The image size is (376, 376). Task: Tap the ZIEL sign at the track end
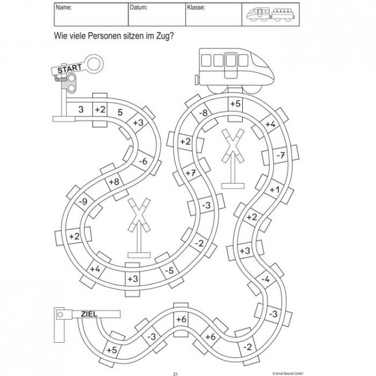tap(91, 313)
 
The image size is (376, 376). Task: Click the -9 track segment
tap(83, 201)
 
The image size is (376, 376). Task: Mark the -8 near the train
tap(203, 114)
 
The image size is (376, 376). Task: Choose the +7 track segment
tap(191, 173)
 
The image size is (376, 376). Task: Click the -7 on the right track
tap(280, 156)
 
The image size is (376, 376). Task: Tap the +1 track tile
tap(274, 189)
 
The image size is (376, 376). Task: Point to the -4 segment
tap(265, 279)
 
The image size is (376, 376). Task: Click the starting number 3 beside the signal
tap(81, 108)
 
